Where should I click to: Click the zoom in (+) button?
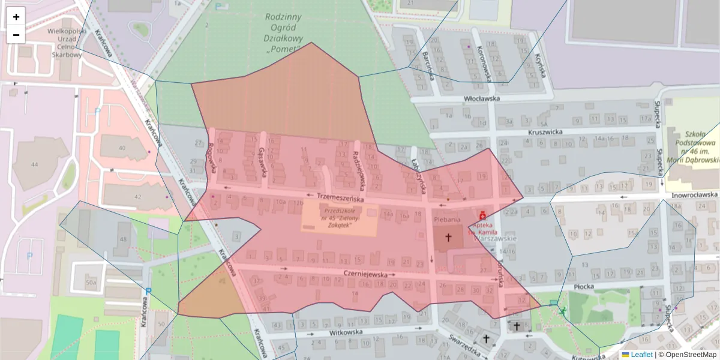[x=16, y=17]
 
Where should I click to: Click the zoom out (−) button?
[x=16, y=35]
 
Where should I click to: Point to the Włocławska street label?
[x=481, y=99]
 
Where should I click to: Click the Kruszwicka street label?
[x=545, y=131]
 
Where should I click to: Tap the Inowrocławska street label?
[x=694, y=194]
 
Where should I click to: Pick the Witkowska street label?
[x=347, y=331]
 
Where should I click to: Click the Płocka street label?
[x=583, y=287]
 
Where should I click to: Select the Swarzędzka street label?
[x=466, y=346]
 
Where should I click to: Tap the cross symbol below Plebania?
[x=447, y=238]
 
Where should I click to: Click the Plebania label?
[x=447, y=220]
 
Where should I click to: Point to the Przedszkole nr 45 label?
[x=340, y=218]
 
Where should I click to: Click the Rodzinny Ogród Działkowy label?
[x=283, y=33]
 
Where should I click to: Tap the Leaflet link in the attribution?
[x=641, y=355]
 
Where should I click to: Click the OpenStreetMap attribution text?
[x=691, y=355]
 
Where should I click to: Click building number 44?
[x=34, y=164]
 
